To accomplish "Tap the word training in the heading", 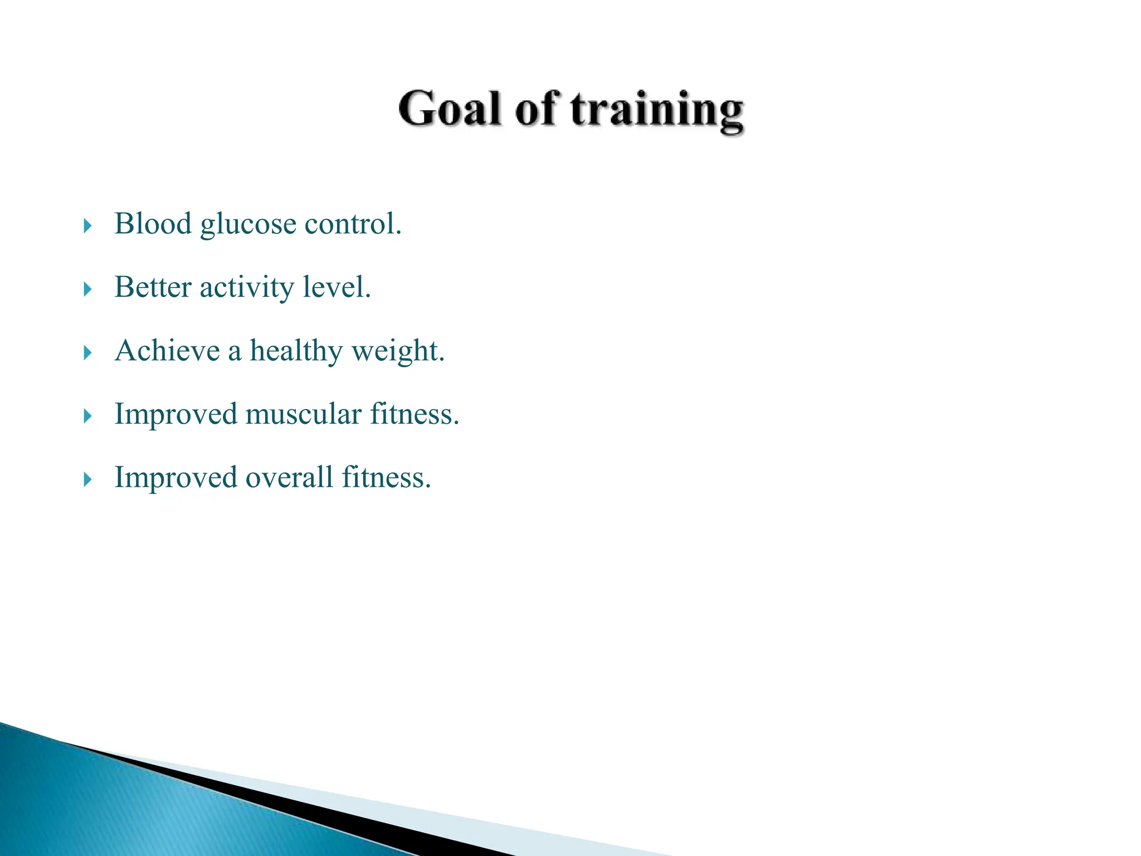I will [x=657, y=110].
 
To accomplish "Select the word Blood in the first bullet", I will [x=153, y=224].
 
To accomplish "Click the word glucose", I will [x=248, y=225].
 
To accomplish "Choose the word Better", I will [x=153, y=288].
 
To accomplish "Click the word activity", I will [x=247, y=289].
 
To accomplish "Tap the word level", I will [x=337, y=288].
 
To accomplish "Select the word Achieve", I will [x=167, y=351].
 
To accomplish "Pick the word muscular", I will [x=303, y=415].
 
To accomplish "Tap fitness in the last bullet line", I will [x=386, y=478].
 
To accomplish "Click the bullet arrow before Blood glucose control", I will [x=87, y=226].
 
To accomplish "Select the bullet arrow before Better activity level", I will [x=87, y=289].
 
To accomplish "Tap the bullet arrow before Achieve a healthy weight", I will [x=87, y=353].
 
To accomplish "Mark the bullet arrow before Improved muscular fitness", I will [x=87, y=416].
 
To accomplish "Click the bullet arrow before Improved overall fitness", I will [x=87, y=479].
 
